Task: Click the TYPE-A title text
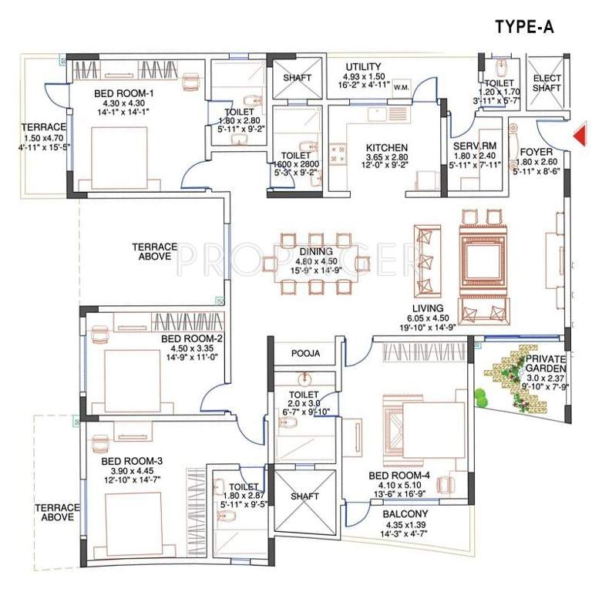point(523,28)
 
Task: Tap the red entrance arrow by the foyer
point(580,136)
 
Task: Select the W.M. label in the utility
point(401,88)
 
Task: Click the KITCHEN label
point(386,148)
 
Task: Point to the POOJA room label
point(305,353)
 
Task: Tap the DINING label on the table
point(317,251)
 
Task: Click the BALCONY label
point(405,513)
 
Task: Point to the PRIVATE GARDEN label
point(546,364)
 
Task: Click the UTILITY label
point(362,66)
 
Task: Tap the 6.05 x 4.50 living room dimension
point(428,316)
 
